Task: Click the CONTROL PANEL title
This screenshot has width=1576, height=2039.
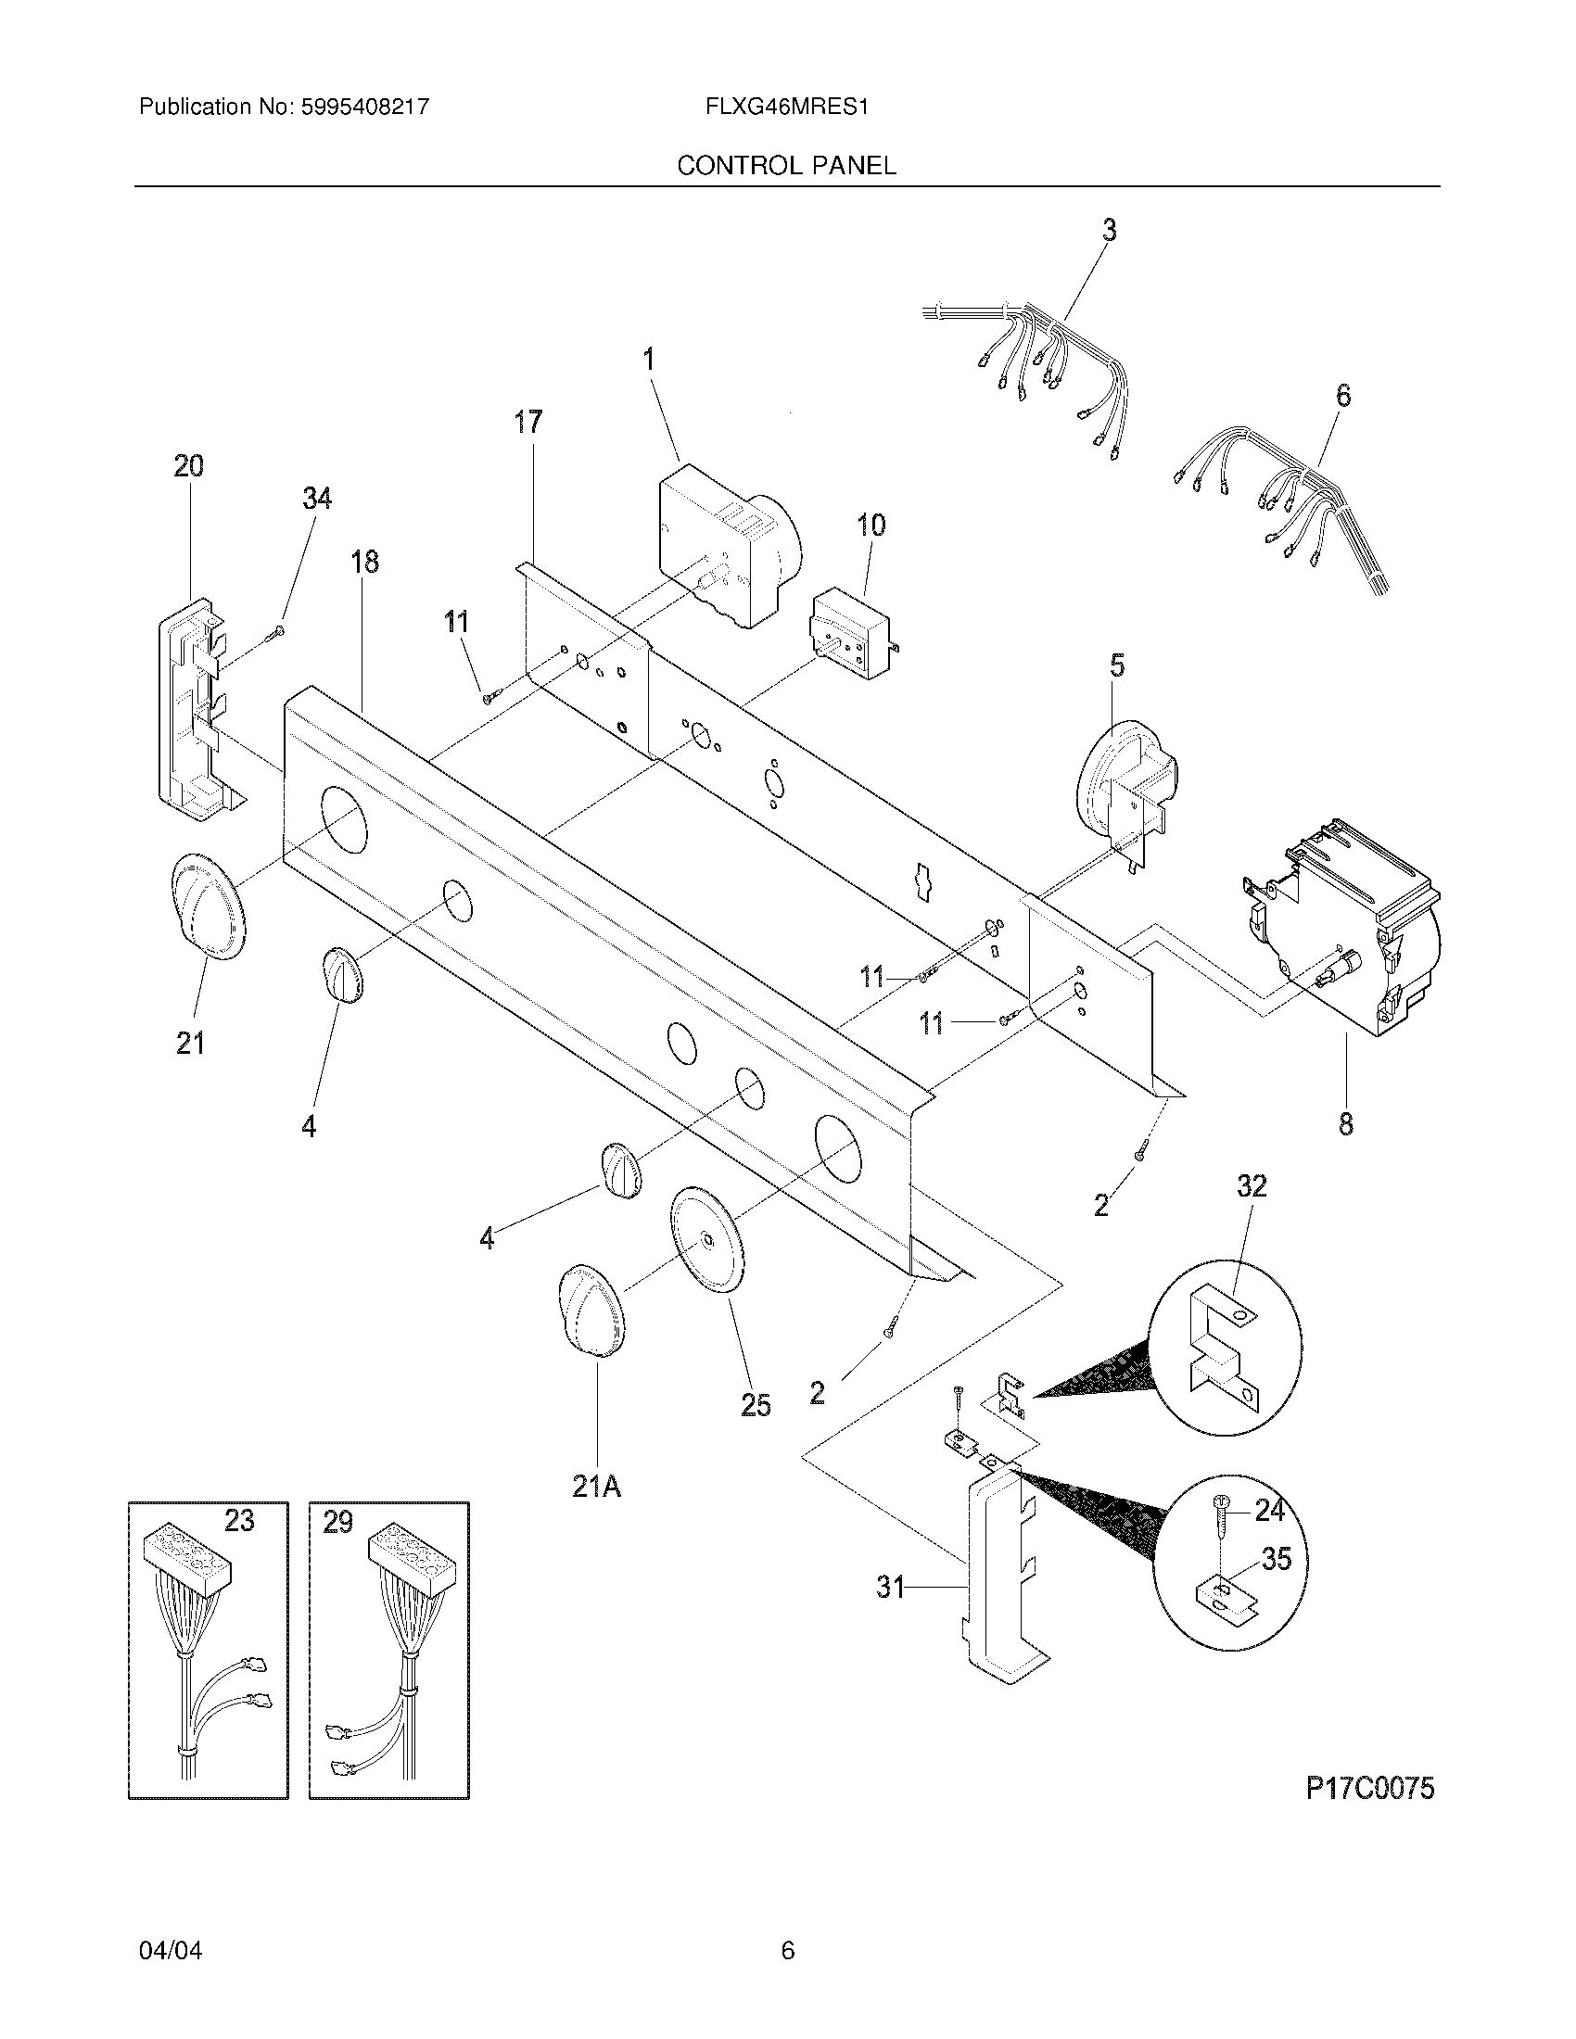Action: [x=786, y=165]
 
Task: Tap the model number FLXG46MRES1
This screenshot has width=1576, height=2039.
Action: [x=787, y=107]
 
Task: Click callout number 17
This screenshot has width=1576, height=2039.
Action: [x=527, y=422]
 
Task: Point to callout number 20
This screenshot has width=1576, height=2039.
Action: [x=188, y=465]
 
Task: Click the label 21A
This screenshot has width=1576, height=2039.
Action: [x=597, y=1486]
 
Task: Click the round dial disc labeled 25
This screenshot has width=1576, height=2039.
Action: [x=708, y=1240]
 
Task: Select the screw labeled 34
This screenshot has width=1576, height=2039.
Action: [x=273, y=634]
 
